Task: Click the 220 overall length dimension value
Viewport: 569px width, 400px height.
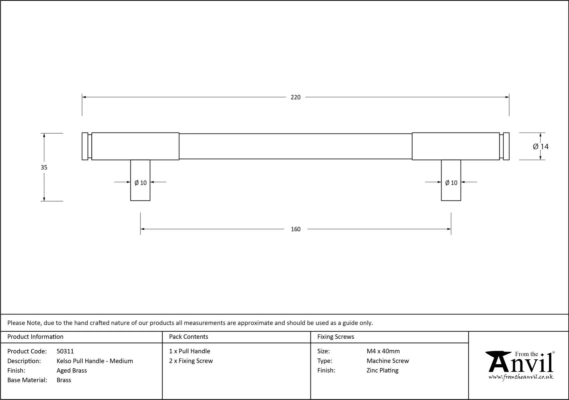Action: click(x=296, y=97)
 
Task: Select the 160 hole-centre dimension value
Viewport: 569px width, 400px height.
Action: click(x=296, y=229)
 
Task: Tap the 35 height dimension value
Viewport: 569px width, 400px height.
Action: click(x=44, y=167)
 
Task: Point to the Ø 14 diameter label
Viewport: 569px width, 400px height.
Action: click(x=541, y=147)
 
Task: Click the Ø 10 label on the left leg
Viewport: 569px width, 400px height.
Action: click(x=140, y=183)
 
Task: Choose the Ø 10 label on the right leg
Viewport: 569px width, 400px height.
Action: click(x=451, y=183)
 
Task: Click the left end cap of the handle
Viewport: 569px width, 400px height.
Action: click(x=85, y=146)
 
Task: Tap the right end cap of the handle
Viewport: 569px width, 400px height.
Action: click(x=506, y=146)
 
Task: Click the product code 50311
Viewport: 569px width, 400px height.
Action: click(x=65, y=351)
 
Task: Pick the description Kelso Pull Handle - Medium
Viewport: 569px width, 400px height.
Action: click(x=95, y=361)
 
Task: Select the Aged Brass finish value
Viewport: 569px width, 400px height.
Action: click(x=72, y=371)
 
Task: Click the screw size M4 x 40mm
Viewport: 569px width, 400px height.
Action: click(x=383, y=351)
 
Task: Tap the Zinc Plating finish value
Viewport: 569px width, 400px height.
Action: click(x=382, y=371)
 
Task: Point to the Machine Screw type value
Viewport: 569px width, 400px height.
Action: click(x=388, y=361)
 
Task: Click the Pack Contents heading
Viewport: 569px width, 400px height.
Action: click(x=188, y=337)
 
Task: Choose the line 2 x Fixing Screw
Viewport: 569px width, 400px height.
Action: click(x=191, y=361)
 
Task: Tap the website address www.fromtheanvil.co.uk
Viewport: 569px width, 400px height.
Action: click(x=521, y=377)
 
